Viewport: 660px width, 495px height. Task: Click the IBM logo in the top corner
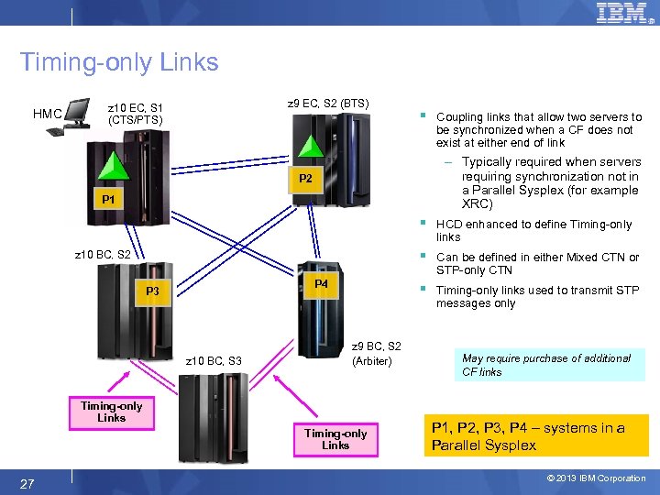pyautogui.click(x=622, y=13)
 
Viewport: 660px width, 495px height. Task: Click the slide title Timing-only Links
pyautogui.click(x=119, y=62)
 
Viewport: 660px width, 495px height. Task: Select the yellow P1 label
pyautogui.click(x=108, y=199)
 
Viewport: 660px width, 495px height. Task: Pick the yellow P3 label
pyautogui.click(x=152, y=291)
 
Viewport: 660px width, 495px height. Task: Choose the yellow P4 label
pyautogui.click(x=320, y=284)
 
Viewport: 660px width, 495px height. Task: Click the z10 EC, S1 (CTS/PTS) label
pyautogui.click(x=136, y=113)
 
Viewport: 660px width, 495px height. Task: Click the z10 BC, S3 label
pyautogui.click(x=213, y=361)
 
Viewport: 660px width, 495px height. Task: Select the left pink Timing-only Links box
pyautogui.click(x=111, y=412)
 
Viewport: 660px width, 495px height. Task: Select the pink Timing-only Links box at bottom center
pyautogui.click(x=335, y=439)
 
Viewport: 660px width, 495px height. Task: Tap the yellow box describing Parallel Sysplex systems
pyautogui.click(x=538, y=435)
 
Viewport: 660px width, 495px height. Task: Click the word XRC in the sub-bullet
pyautogui.click(x=478, y=203)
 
